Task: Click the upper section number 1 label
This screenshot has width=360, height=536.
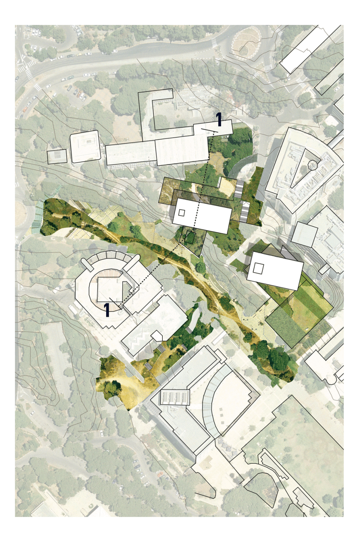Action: [x=219, y=119]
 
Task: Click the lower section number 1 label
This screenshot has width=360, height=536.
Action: [x=107, y=310]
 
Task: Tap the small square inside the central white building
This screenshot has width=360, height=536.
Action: [x=182, y=213]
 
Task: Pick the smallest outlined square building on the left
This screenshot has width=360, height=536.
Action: [x=57, y=156]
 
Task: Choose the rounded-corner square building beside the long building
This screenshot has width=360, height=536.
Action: [x=85, y=146]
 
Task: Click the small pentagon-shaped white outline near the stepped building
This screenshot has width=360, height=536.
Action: [x=157, y=336]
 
